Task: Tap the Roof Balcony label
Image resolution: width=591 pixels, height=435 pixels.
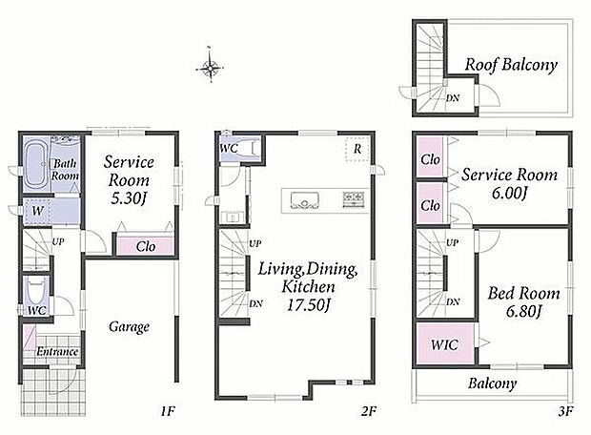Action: tap(511, 65)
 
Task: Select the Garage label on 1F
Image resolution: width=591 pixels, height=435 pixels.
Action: tap(129, 326)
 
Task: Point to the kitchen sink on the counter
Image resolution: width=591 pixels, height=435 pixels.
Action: tap(304, 199)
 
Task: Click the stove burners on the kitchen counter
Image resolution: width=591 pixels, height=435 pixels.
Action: tap(353, 198)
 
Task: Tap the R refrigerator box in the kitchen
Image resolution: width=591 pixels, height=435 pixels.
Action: tap(357, 149)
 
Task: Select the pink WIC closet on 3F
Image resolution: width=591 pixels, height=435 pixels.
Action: tap(445, 344)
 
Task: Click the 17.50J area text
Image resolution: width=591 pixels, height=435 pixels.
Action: tap(308, 305)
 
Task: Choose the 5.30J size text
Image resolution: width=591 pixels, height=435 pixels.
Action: tap(128, 197)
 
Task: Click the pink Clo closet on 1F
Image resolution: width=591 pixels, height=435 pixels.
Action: tap(145, 245)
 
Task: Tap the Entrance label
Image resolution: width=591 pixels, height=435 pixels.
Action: tap(57, 352)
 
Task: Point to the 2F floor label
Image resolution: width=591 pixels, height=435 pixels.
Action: tap(368, 411)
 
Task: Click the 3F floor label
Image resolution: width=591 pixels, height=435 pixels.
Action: tap(565, 411)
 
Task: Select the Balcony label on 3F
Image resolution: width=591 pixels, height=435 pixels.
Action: tap(492, 383)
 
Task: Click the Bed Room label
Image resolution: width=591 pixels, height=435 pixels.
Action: tap(523, 293)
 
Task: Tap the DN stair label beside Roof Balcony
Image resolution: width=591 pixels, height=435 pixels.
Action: tap(453, 98)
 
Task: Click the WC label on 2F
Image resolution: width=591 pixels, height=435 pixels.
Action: tap(229, 148)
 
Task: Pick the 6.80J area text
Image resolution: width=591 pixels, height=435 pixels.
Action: tap(524, 311)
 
